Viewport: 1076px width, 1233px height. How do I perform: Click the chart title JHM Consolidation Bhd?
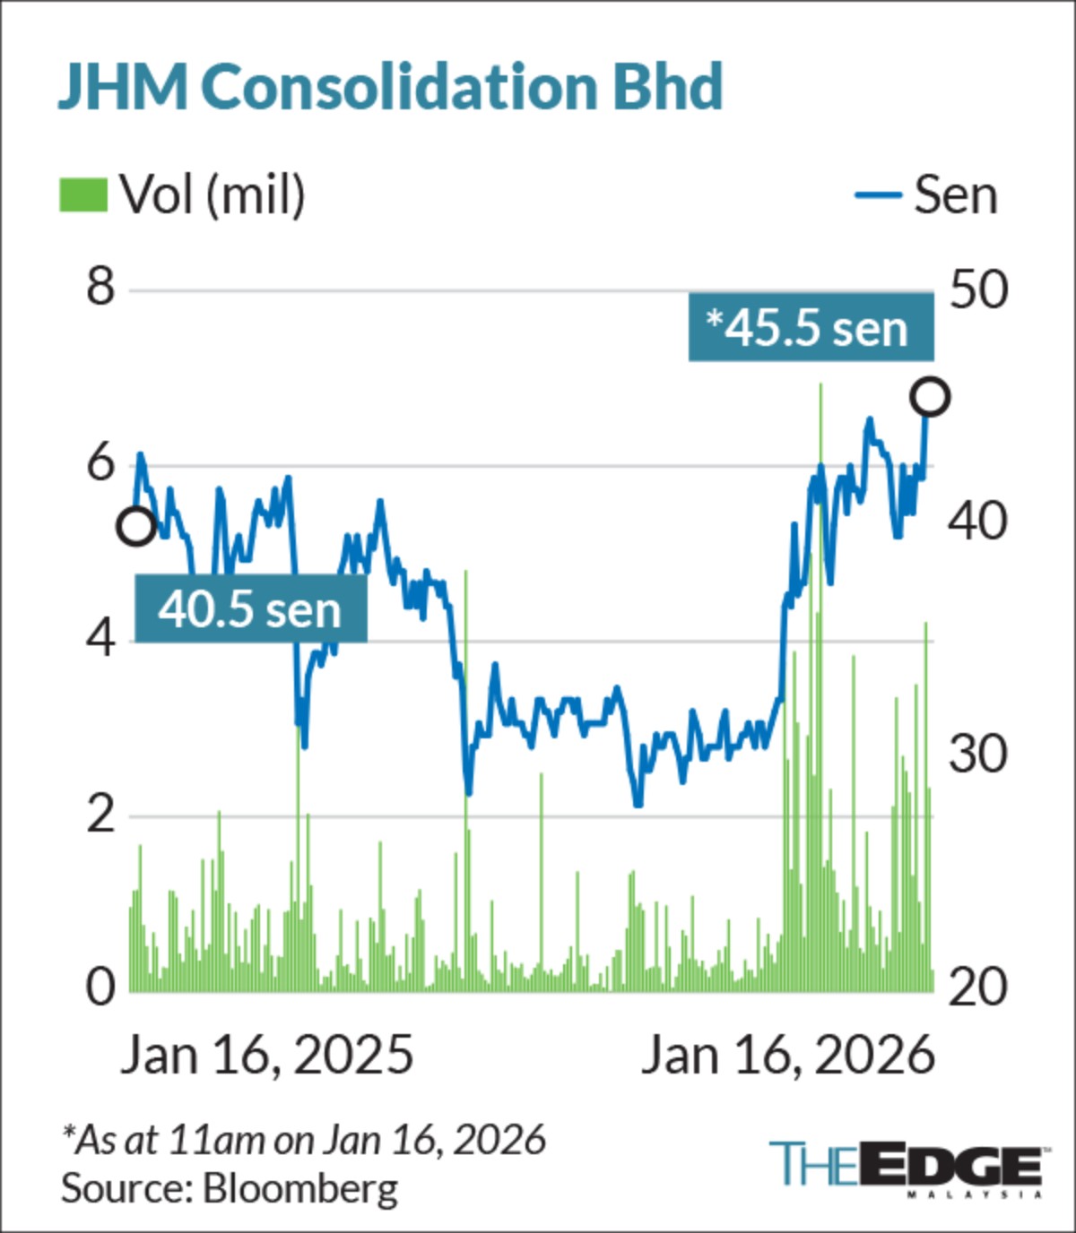390,86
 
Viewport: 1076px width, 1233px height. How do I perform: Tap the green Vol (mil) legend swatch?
83,194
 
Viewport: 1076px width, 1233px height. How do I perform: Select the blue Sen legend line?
878,194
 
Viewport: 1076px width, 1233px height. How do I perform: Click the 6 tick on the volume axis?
100,463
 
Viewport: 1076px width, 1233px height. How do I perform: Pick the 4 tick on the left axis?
100,639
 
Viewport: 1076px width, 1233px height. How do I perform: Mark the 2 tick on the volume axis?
100,815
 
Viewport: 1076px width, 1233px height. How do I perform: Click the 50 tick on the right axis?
978,289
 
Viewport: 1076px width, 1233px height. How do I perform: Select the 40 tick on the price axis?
978,521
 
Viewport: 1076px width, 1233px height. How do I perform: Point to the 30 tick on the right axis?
978,754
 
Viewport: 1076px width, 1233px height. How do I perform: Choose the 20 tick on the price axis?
978,987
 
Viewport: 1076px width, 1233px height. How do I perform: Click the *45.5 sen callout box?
811,327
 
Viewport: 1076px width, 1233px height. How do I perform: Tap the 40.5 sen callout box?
250,609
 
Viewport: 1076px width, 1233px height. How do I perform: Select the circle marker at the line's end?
931,397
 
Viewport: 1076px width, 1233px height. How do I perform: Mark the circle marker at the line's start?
136,527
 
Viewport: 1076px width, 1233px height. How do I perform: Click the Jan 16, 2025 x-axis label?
267,1055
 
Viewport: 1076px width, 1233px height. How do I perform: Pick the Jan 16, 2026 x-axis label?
788,1055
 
